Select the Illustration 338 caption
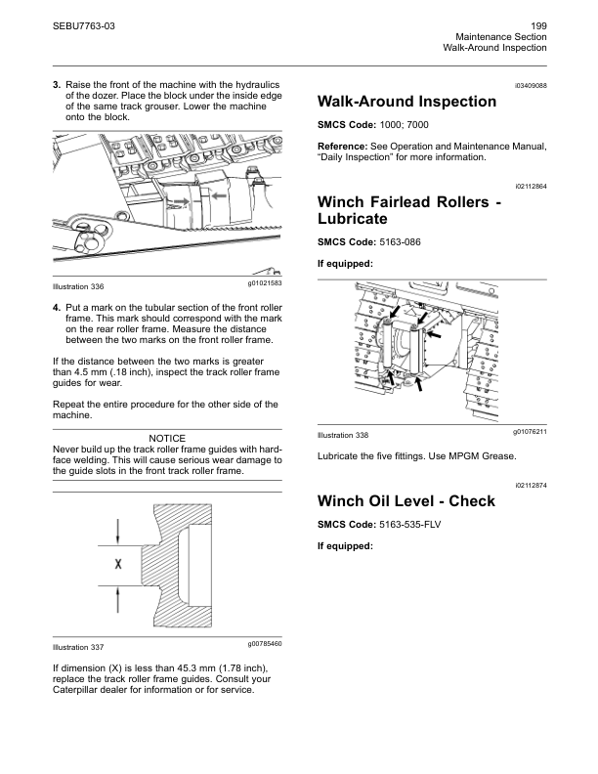click(x=346, y=434)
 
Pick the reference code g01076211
click(x=529, y=431)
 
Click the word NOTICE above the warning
click(x=167, y=437)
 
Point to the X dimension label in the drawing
click(x=118, y=564)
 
